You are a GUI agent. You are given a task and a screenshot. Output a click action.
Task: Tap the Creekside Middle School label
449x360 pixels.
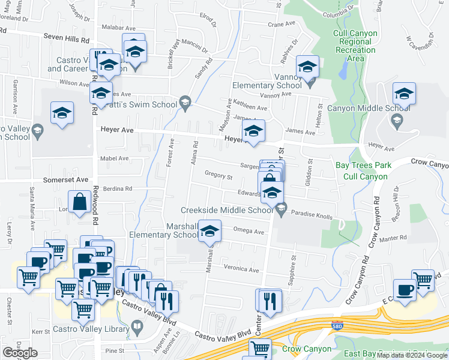(228, 210)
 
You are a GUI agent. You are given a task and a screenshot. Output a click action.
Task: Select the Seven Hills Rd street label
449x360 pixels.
(67, 38)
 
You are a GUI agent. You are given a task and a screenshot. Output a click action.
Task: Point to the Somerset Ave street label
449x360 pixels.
(65, 179)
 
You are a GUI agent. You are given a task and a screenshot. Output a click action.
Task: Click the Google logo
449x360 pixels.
(20, 353)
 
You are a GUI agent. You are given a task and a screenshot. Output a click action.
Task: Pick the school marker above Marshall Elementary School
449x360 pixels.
(209, 231)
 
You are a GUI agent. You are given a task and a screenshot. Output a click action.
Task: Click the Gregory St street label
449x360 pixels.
(218, 176)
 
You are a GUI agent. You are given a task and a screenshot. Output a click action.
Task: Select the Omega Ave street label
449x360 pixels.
(250, 232)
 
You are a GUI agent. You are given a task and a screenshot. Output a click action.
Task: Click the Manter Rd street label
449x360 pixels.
(393, 238)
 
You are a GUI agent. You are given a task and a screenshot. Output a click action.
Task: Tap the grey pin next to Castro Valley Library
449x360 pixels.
(137, 328)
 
